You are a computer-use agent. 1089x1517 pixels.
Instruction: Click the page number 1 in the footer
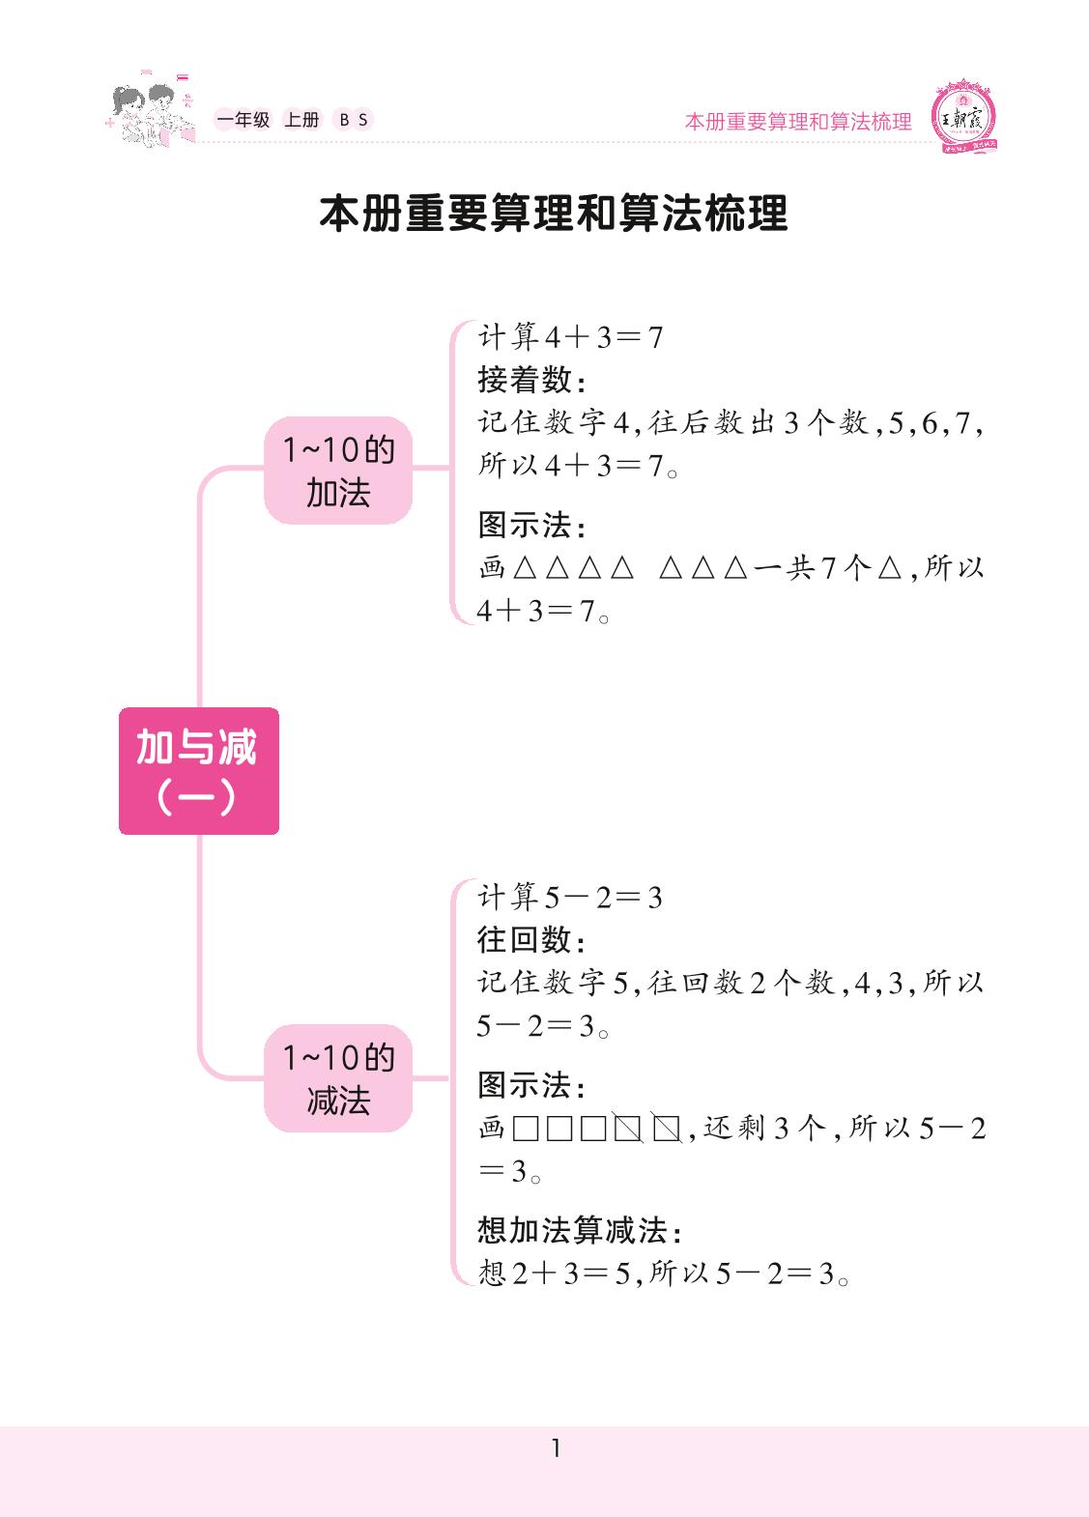tap(556, 1447)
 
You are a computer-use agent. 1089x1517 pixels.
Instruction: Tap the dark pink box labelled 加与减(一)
tap(198, 771)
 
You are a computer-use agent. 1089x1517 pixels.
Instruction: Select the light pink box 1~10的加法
tap(338, 472)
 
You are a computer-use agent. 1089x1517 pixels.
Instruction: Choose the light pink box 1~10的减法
tap(338, 1078)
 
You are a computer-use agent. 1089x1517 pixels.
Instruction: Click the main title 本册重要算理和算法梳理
tap(554, 214)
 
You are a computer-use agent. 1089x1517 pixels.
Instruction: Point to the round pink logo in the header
tap(961, 119)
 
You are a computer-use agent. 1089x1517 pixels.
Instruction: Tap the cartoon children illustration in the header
tap(145, 114)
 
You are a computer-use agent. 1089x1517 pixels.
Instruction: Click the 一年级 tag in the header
tap(243, 120)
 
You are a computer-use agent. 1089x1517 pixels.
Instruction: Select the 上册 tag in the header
tap(301, 120)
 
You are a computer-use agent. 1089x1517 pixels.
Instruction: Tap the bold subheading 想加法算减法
tap(579, 1230)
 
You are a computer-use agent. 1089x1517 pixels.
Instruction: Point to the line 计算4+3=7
tap(570, 337)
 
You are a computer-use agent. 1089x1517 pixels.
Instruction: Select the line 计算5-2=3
tap(570, 898)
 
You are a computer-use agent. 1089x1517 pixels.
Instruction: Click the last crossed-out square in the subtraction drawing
tap(666, 1129)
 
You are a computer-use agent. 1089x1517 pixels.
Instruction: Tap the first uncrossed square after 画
tap(526, 1129)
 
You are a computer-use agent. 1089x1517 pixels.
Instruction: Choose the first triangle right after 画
tap(525, 568)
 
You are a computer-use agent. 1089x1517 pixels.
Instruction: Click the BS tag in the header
tap(353, 120)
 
